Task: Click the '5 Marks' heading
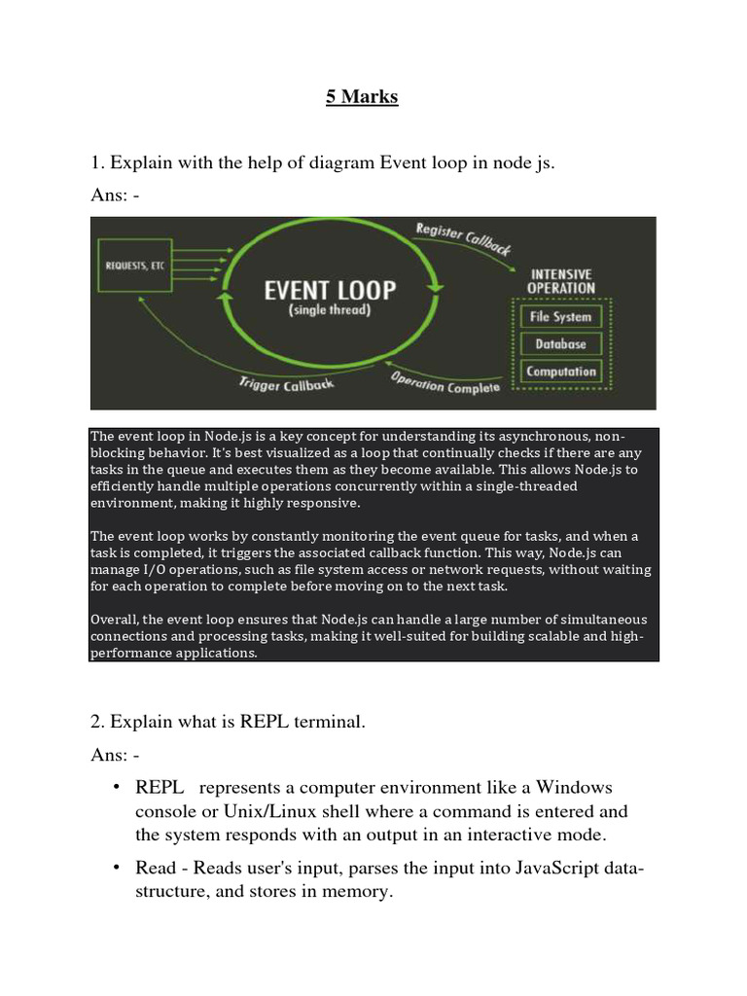coord(362,98)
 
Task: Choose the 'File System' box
coord(560,316)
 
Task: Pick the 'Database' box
coord(560,343)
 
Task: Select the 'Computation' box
coord(560,371)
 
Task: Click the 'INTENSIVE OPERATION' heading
coord(560,280)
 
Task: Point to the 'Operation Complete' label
coord(445,382)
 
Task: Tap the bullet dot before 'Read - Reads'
coord(116,868)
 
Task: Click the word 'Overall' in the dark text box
coord(116,619)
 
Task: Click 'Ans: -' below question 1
coord(115,196)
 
